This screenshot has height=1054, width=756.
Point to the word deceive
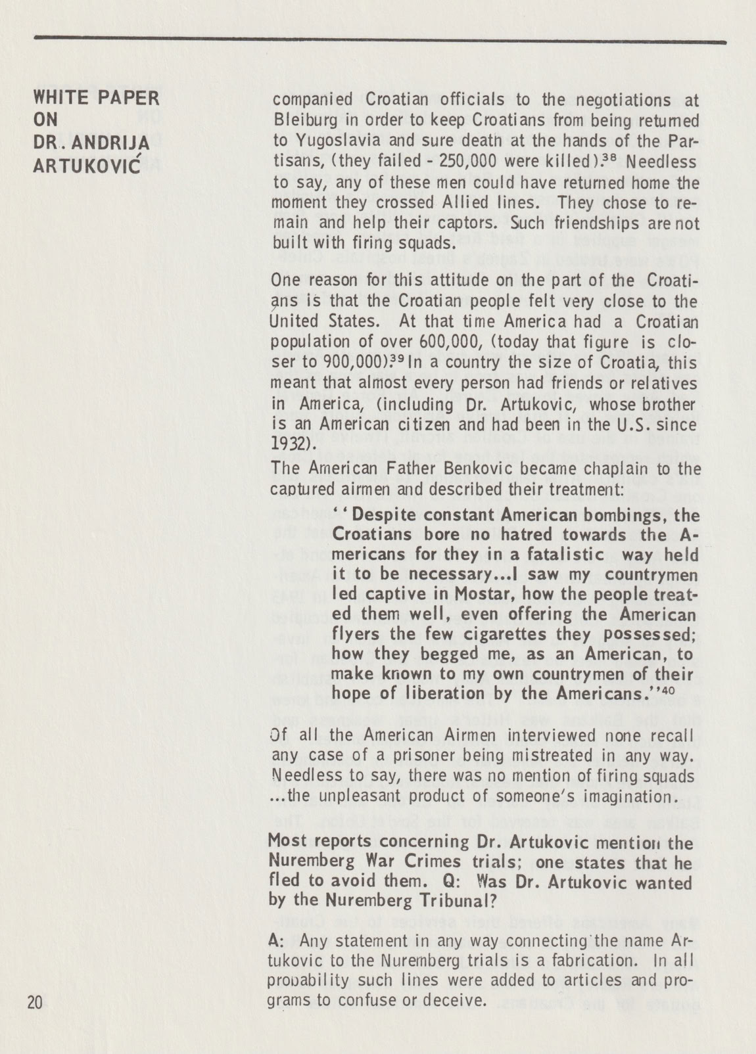454,1000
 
